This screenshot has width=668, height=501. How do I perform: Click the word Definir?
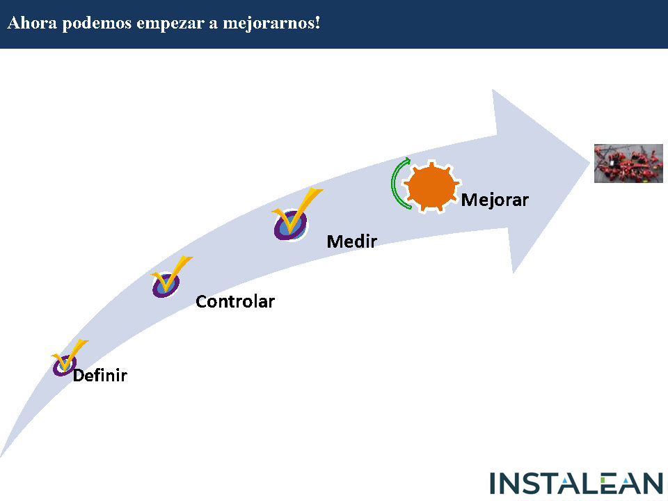pyautogui.click(x=100, y=375)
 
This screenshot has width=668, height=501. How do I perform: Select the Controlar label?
pyautogui.click(x=235, y=302)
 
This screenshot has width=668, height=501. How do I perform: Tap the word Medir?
pyautogui.click(x=351, y=241)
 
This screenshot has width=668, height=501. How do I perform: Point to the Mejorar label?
pyautogui.click(x=495, y=200)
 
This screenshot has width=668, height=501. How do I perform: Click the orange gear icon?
pyautogui.click(x=432, y=186)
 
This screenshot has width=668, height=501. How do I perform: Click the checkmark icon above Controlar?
pyautogui.click(x=169, y=278)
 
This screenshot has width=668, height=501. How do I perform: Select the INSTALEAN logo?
pyautogui.click(x=577, y=484)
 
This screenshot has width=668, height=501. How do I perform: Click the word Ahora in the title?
pyautogui.click(x=31, y=23)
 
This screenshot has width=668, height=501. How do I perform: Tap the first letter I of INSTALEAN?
pyautogui.click(x=494, y=484)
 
